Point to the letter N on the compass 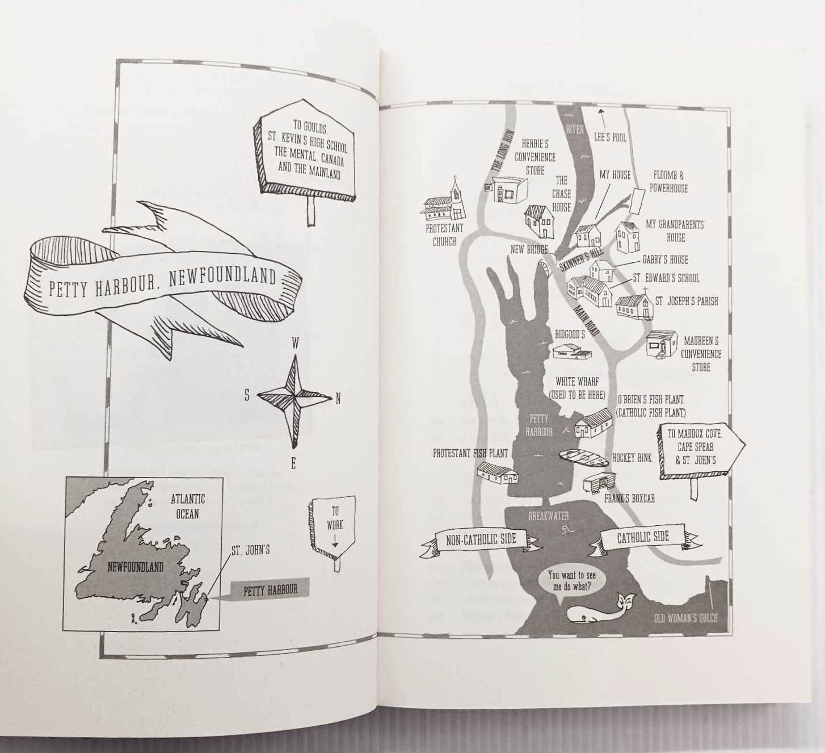(x=338, y=399)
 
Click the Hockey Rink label (x=632, y=458)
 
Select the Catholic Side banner (x=642, y=537)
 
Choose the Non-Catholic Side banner (x=481, y=540)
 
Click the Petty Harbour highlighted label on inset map (x=270, y=591)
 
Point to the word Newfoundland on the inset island (x=135, y=567)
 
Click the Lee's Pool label (x=610, y=137)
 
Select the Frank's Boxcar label (x=629, y=499)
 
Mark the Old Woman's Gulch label (x=685, y=618)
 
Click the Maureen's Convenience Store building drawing (x=662, y=344)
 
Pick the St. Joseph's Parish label (x=687, y=301)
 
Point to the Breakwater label (x=548, y=516)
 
